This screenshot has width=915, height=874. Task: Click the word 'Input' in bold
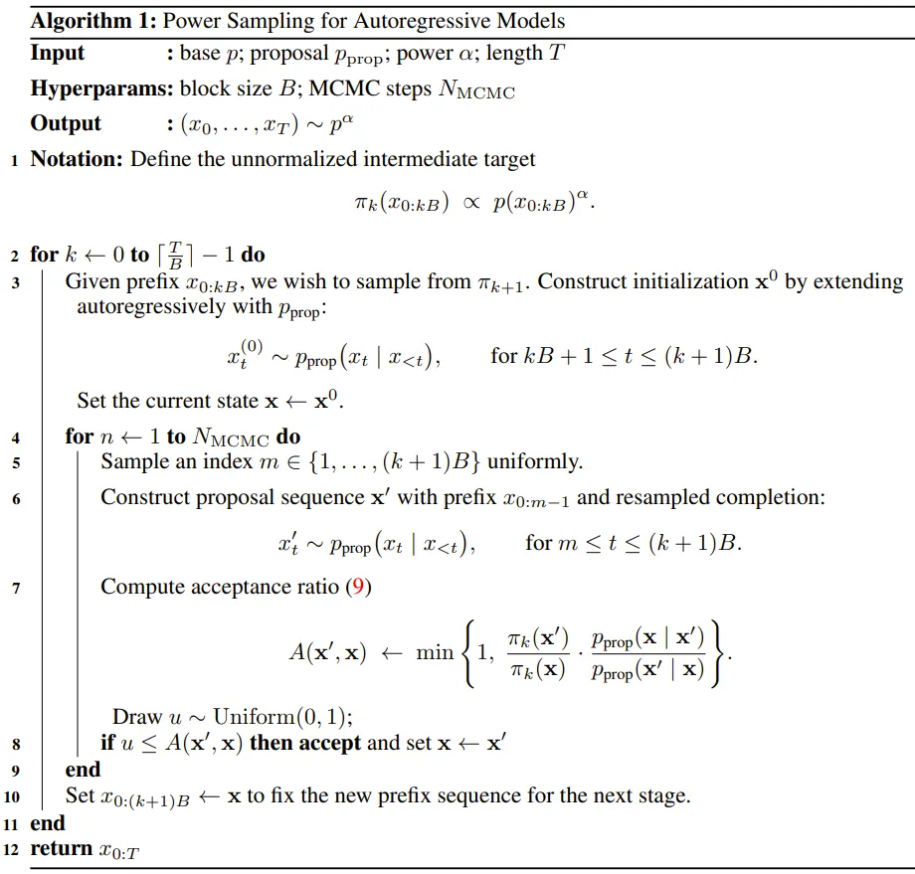[x=58, y=54]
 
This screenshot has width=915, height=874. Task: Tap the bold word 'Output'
[x=66, y=123]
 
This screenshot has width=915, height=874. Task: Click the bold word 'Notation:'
[x=78, y=159]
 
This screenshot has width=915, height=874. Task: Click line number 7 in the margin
[x=16, y=589]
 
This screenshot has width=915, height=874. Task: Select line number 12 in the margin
[x=12, y=849]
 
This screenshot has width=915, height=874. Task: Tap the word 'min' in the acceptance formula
[x=435, y=652]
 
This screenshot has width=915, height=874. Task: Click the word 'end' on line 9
[x=84, y=770]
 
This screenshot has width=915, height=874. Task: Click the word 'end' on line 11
[x=48, y=822]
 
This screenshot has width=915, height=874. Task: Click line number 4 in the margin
[x=16, y=437]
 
